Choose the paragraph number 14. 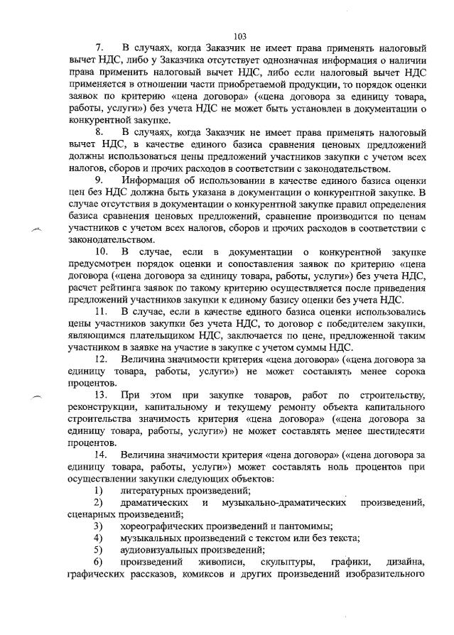(101, 453)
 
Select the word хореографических (166, 526)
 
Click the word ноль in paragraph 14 (337, 465)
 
